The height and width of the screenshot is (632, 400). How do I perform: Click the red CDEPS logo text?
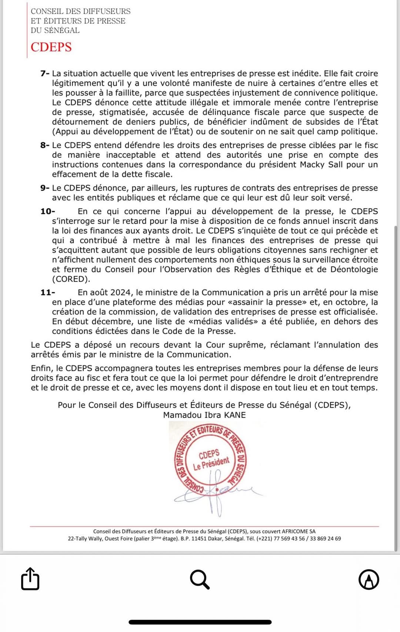51,47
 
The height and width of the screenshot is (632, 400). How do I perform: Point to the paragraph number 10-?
48,211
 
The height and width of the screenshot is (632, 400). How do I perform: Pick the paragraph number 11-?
48,292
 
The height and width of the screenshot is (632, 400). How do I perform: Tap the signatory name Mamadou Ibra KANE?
204,415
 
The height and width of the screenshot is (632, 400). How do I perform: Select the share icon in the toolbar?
30,579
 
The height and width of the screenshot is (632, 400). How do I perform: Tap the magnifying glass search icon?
200,579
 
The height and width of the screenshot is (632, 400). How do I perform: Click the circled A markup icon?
369,579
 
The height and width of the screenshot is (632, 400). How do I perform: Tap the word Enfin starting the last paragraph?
41,368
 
